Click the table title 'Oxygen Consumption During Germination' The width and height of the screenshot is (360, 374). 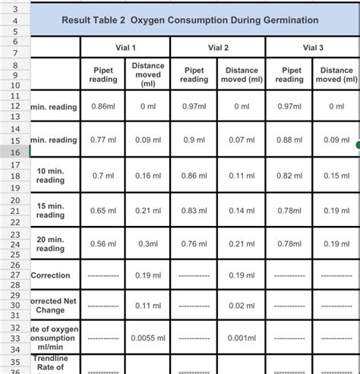click(x=190, y=20)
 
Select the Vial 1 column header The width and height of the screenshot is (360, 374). click(x=125, y=48)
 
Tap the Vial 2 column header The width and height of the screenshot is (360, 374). click(x=217, y=48)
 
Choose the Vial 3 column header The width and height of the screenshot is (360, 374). click(x=312, y=48)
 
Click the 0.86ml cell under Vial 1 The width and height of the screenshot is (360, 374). click(x=103, y=107)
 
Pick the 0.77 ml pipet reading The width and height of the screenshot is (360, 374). click(x=103, y=140)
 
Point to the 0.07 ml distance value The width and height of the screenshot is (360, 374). click(x=242, y=140)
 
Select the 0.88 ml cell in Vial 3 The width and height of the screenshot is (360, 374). click(x=289, y=140)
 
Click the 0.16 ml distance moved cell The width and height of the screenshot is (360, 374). click(x=148, y=175)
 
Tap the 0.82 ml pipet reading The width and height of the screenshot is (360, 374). click(x=289, y=175)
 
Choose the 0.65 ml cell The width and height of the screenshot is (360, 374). click(x=103, y=209)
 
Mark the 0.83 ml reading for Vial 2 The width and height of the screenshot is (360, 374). click(x=194, y=209)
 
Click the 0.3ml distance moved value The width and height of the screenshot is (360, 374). click(x=148, y=244)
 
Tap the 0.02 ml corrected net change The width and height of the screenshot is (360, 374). click(x=242, y=305)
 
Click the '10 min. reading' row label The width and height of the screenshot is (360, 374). click(x=50, y=176)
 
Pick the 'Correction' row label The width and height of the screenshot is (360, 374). click(x=51, y=275)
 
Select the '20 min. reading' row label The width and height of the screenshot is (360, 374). click(x=50, y=244)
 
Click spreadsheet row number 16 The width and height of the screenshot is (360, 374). click(x=14, y=152)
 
